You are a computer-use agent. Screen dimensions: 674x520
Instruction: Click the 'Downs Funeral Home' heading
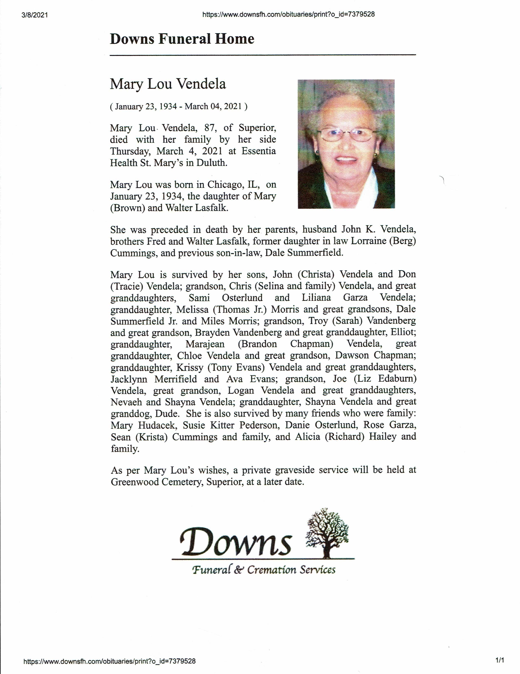(x=182, y=39)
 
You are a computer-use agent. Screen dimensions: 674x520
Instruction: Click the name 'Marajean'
(x=205, y=344)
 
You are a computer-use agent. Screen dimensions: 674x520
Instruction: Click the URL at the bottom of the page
(x=110, y=661)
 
